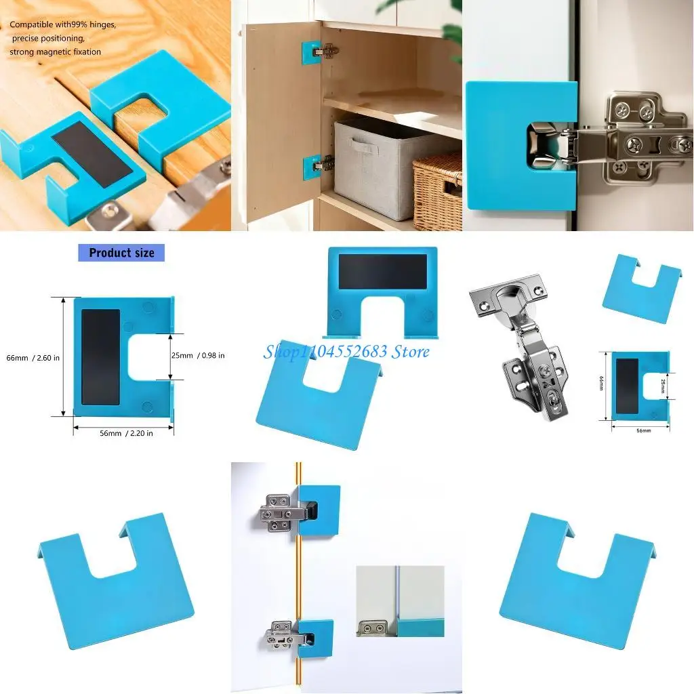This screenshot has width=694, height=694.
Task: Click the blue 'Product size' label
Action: click(x=121, y=253)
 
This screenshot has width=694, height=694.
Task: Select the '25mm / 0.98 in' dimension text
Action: click(x=198, y=355)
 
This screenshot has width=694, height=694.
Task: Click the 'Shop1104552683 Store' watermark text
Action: click(x=346, y=351)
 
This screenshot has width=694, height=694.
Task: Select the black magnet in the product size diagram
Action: click(x=100, y=356)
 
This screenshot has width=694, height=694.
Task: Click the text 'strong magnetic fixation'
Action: click(x=56, y=52)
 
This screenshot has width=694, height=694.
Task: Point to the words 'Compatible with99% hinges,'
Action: click(x=63, y=25)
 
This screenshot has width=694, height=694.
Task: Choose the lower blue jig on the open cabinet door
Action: click(x=312, y=163)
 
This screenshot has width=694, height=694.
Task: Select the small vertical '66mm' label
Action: click(x=602, y=385)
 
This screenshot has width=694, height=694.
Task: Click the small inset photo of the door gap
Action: click(x=400, y=601)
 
